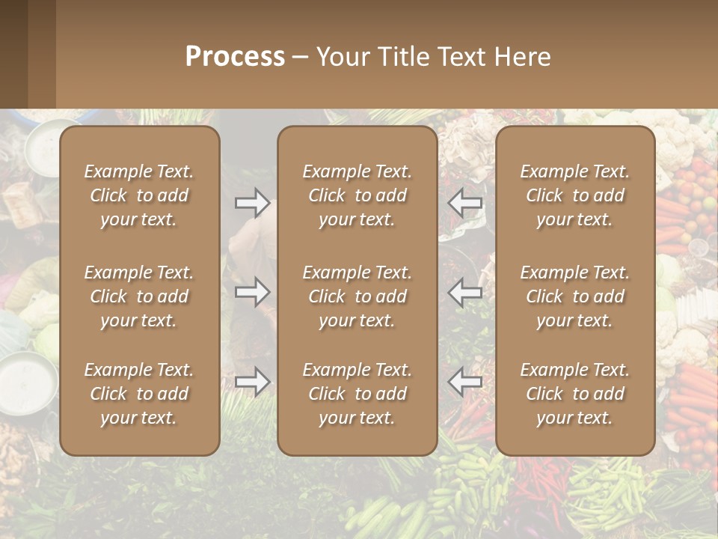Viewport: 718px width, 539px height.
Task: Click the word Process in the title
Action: [x=235, y=57]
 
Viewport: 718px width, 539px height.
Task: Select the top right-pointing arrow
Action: [x=253, y=203]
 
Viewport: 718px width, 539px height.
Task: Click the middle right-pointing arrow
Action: [x=253, y=292]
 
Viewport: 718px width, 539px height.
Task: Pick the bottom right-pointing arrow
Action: [x=253, y=382]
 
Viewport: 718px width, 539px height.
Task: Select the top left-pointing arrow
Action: [x=464, y=203]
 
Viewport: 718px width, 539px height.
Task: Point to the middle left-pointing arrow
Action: [x=464, y=292]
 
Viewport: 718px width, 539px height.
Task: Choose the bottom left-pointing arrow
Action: [x=464, y=382]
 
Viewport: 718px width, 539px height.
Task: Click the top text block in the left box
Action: [x=139, y=195]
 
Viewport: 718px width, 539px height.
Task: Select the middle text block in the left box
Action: [x=139, y=296]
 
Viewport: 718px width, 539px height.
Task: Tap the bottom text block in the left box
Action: [x=139, y=394]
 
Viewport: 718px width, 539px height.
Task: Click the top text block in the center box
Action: [x=357, y=195]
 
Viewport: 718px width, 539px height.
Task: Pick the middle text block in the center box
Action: [x=357, y=296]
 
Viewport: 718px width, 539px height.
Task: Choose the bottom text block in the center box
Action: [x=357, y=394]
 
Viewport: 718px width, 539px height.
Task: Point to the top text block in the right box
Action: [x=574, y=195]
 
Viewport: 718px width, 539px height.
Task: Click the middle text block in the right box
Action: [x=574, y=296]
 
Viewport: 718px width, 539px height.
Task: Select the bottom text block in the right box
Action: [x=574, y=394]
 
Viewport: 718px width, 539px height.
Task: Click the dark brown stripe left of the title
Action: [x=13, y=54]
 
